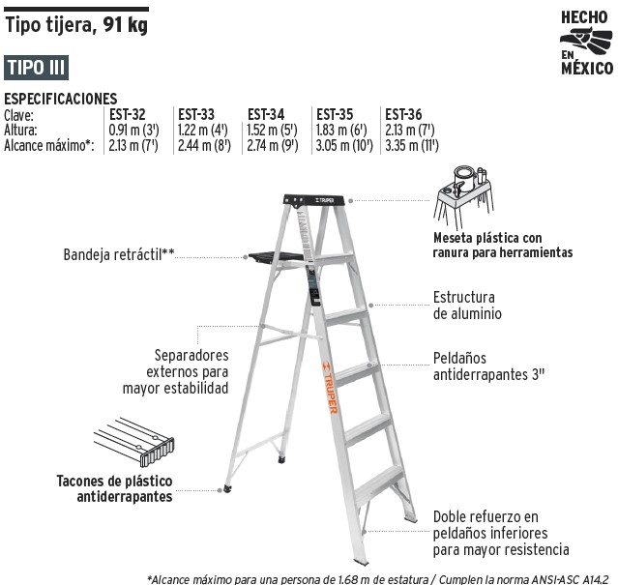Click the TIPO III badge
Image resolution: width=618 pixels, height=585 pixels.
click(x=36, y=68)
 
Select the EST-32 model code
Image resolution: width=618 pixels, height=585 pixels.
click(x=128, y=115)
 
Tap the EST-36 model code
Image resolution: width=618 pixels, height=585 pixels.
click(x=403, y=115)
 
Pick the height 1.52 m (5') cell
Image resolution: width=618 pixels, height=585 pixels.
click(x=272, y=130)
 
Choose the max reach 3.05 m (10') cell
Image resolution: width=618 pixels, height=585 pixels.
click(x=344, y=146)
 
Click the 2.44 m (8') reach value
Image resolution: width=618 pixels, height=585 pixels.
click(x=204, y=146)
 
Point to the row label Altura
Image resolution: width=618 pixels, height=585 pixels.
click(x=20, y=130)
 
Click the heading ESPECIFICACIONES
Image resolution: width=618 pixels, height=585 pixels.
click(x=61, y=99)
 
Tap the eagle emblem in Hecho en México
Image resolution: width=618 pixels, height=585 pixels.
click(x=586, y=41)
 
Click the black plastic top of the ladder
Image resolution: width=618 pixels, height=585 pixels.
click(x=314, y=200)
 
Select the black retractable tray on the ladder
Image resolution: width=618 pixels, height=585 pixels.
click(x=276, y=256)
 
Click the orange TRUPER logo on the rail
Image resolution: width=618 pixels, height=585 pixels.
click(x=330, y=388)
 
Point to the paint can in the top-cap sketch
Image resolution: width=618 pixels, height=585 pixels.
click(x=464, y=178)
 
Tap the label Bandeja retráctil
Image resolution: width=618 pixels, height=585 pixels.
click(x=119, y=254)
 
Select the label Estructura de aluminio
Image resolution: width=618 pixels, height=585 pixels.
click(x=467, y=306)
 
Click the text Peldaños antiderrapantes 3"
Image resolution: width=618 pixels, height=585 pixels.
click(x=488, y=366)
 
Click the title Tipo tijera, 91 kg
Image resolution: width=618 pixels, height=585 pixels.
click(x=76, y=25)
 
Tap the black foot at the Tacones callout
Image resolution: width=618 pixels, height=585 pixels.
click(x=228, y=489)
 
